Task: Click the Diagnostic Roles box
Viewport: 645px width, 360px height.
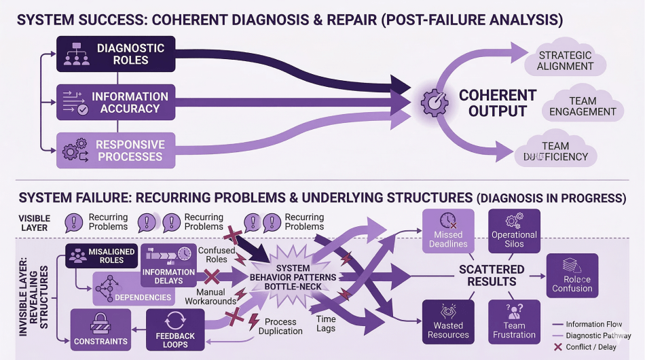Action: (x=115, y=54)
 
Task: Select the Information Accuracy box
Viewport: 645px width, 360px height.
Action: (x=115, y=103)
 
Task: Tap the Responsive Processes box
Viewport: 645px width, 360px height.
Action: (x=115, y=150)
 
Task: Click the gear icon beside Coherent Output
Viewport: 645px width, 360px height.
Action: (x=435, y=102)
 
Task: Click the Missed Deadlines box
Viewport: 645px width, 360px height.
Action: (x=448, y=231)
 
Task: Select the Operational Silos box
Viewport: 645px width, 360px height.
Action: (x=514, y=231)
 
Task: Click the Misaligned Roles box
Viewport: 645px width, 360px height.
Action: (x=102, y=256)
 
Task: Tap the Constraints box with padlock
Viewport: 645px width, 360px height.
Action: (x=100, y=329)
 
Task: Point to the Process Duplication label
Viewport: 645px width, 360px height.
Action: (x=280, y=326)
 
